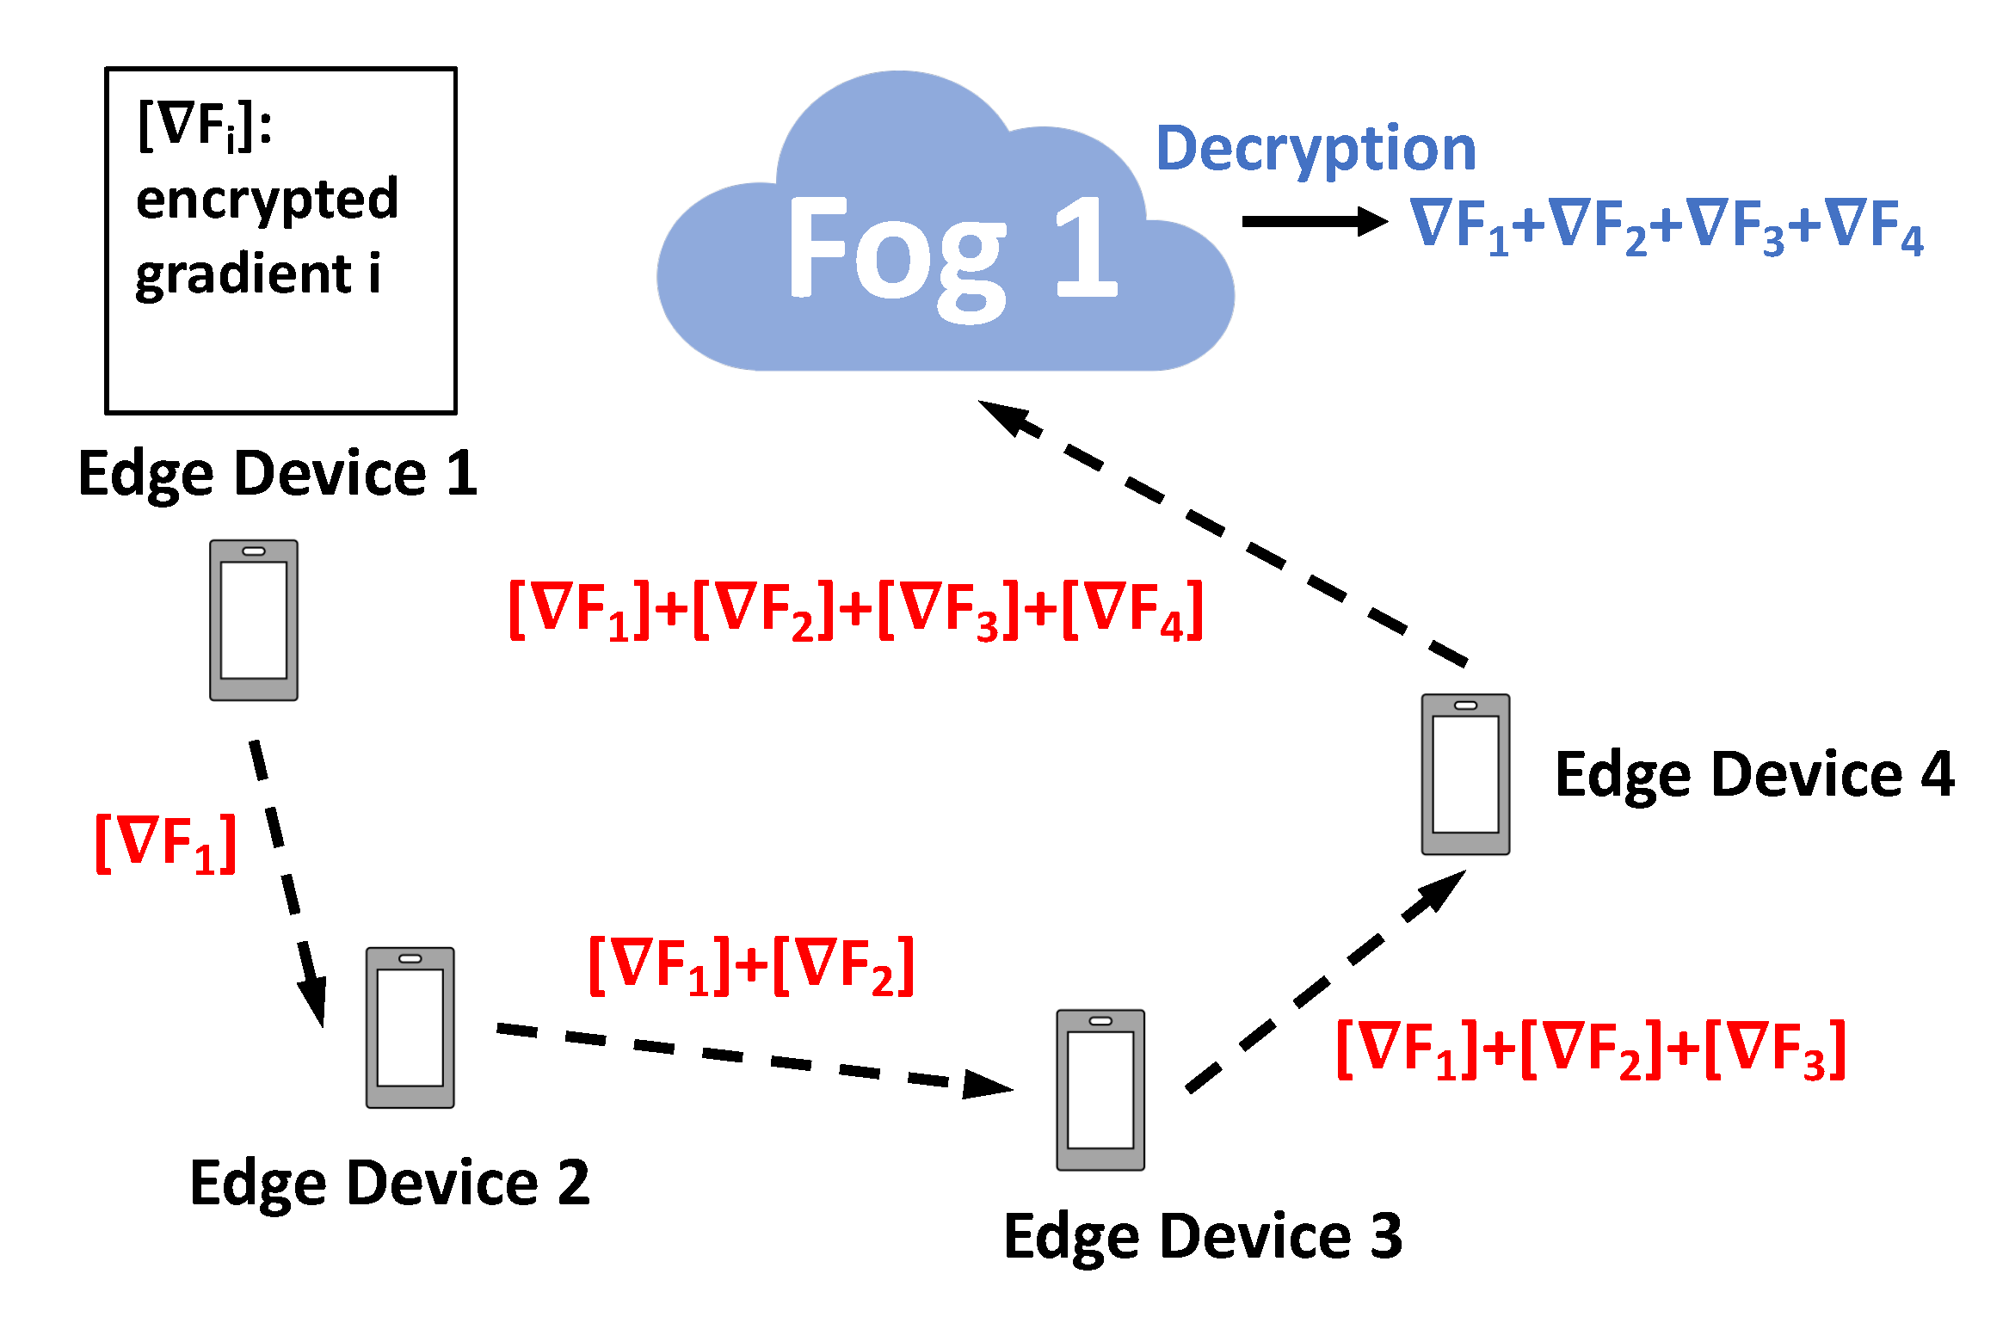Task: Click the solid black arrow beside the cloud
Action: point(1313,221)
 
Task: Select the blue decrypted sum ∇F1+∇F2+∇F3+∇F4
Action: point(1665,225)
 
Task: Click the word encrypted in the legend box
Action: point(267,200)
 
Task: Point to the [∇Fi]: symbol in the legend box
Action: point(205,126)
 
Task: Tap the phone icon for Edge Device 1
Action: point(254,620)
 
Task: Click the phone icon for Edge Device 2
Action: point(410,1027)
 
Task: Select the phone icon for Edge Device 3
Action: point(1100,1089)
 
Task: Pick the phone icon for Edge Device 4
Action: point(1464,774)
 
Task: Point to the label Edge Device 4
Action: point(1753,774)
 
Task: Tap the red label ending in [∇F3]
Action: point(1590,1049)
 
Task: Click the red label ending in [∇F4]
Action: point(855,609)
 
